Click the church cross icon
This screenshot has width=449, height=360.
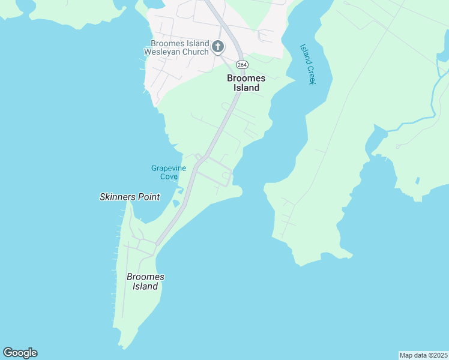point(217,46)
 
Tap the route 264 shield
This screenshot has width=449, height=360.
point(241,64)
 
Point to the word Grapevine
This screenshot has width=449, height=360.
point(169,168)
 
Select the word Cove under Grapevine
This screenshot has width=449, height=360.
point(169,176)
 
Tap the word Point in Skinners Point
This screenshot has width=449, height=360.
point(149,197)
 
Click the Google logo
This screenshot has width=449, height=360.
point(20,353)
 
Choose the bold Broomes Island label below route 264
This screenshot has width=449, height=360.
point(246,83)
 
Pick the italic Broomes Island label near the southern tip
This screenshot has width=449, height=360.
point(145,281)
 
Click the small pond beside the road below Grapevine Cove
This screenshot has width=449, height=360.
point(175,203)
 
